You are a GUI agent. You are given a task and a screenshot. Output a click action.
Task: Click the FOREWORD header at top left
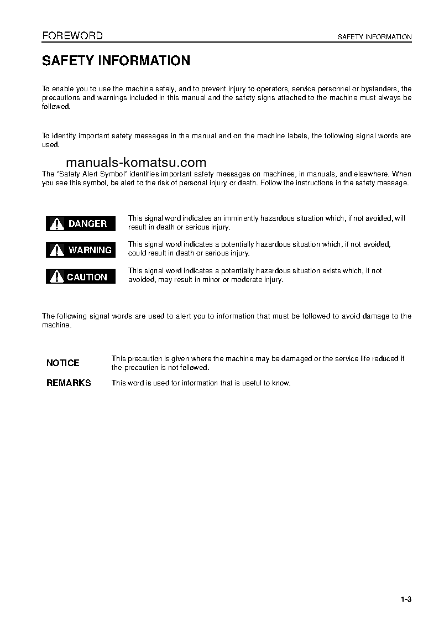point(72,36)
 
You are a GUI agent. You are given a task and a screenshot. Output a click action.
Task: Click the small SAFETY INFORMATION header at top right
point(374,37)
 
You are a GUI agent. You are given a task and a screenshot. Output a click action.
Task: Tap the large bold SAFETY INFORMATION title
point(116,61)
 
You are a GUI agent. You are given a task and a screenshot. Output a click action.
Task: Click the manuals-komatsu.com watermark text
point(136,163)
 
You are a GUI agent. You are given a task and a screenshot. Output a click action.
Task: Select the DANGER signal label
point(81,223)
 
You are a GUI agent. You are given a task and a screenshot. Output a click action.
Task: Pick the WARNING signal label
point(81,250)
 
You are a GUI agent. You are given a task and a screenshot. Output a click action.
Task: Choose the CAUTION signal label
point(81,276)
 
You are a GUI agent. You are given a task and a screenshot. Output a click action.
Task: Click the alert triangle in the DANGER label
point(56,224)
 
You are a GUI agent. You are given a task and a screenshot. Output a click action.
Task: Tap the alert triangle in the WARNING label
point(56,251)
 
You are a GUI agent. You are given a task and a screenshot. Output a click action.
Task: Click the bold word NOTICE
point(63,363)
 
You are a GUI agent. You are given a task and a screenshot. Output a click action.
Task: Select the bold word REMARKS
point(69,383)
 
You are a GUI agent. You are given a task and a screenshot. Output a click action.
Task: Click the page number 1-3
point(406,599)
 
